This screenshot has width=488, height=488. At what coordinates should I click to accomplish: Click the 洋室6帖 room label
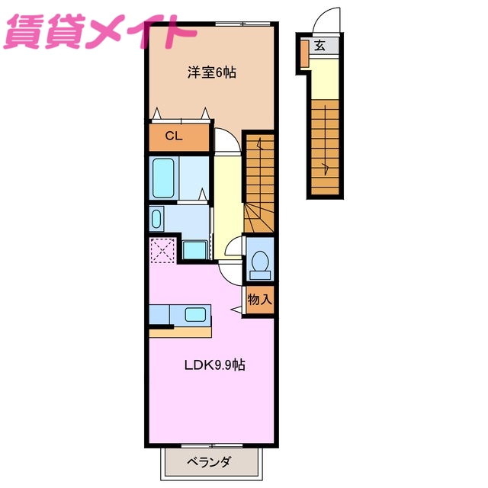coord(212,73)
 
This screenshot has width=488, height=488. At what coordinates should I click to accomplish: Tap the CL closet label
coord(174,137)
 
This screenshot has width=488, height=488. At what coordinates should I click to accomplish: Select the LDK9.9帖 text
coord(214,364)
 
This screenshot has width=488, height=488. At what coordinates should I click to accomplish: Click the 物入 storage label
coord(259,299)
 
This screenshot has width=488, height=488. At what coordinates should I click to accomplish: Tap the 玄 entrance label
coord(319,46)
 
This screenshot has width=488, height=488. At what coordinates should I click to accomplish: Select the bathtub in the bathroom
coord(164,178)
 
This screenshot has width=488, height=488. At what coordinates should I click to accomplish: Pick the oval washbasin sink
coord(156,220)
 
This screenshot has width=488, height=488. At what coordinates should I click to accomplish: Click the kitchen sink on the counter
coord(196,314)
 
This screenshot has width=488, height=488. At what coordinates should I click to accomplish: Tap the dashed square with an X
coord(162,250)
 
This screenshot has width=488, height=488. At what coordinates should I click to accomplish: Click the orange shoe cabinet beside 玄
coord(303,53)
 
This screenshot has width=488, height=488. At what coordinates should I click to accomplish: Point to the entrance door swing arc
coord(328,18)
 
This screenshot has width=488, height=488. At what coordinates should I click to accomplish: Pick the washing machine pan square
coord(195,250)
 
